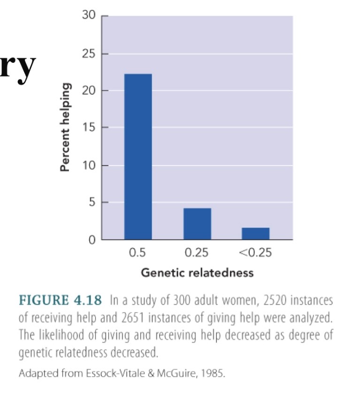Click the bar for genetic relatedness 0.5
click(138, 157)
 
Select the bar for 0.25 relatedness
click(197, 224)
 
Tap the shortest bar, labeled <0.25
click(255, 234)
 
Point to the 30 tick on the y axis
click(89, 16)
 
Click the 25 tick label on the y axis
click(89, 54)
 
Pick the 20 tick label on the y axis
click(89, 91)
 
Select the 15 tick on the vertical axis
click(89, 128)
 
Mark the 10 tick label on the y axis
click(89, 166)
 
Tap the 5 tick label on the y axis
click(92, 203)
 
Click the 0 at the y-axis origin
click(92, 240)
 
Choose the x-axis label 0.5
click(137, 253)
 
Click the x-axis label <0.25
click(255, 253)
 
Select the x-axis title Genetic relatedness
click(197, 273)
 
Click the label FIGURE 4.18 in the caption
click(60, 300)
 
